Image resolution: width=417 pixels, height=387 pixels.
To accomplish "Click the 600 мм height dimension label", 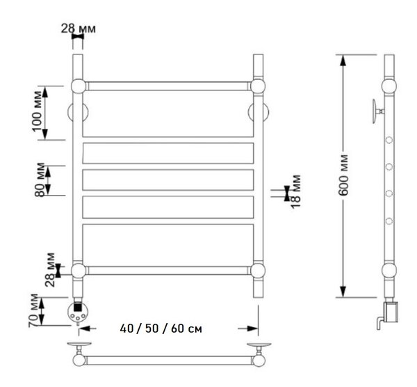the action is click(344, 175).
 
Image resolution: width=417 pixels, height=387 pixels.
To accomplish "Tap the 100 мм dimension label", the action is click(38, 111).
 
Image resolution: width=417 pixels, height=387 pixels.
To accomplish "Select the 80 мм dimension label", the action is click(40, 180).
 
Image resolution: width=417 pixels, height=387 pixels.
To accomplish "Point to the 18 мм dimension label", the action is click(295, 191).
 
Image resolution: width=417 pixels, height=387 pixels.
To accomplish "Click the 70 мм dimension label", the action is click(34, 310).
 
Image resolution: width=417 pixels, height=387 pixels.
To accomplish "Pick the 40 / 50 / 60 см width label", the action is click(161, 329).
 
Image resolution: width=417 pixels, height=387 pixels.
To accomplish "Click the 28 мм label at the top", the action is click(78, 29).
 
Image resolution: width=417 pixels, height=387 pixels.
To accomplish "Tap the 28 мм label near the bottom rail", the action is click(50, 269).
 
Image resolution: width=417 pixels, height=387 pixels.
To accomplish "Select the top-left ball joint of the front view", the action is click(79, 86).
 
